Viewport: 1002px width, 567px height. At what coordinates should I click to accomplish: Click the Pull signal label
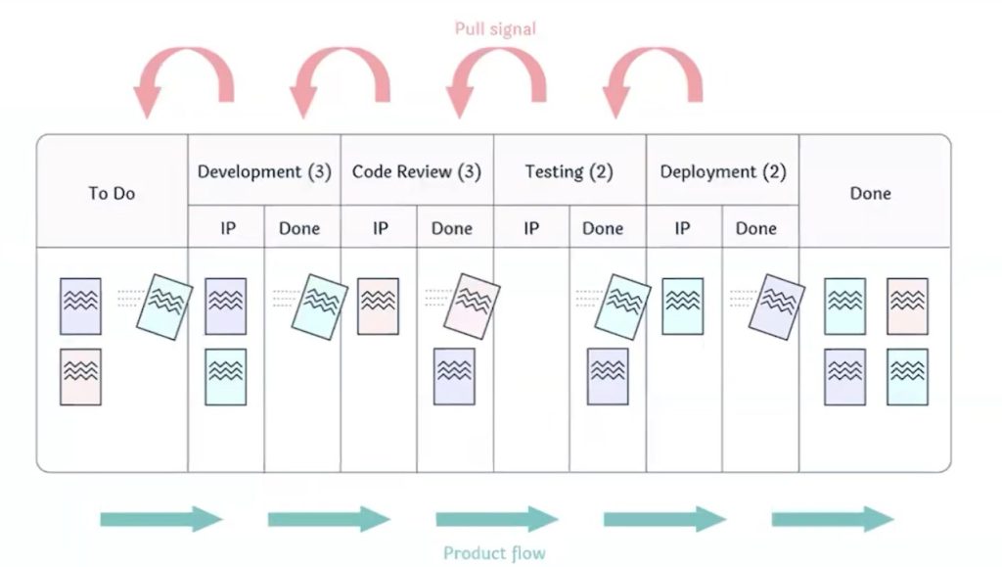click(x=495, y=29)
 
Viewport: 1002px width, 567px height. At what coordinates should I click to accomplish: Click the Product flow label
click(x=494, y=553)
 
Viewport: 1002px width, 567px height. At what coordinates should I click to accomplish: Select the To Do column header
click(x=112, y=193)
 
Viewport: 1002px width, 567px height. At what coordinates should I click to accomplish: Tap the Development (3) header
click(x=264, y=171)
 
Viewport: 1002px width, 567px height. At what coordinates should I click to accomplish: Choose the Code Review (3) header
click(x=417, y=171)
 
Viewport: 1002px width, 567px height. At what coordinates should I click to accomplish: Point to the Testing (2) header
click(x=569, y=171)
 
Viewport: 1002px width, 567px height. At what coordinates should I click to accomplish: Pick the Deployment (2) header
click(x=722, y=171)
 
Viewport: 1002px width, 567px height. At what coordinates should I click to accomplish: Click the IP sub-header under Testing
click(x=531, y=228)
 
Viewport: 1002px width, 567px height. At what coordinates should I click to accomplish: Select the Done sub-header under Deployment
click(x=756, y=228)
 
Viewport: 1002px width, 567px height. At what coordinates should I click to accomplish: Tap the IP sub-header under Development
click(x=226, y=228)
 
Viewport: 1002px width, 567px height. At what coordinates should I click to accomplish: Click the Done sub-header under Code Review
click(x=452, y=228)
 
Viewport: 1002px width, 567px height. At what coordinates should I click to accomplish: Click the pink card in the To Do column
click(x=80, y=377)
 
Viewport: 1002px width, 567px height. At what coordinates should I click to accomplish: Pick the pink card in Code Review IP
click(x=378, y=307)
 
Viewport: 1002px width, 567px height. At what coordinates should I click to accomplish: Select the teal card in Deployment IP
click(x=682, y=307)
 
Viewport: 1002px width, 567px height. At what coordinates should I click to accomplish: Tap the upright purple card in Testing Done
click(x=608, y=377)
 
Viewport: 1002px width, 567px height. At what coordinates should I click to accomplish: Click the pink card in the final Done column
click(x=907, y=307)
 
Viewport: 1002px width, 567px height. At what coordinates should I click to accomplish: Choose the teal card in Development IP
click(x=226, y=377)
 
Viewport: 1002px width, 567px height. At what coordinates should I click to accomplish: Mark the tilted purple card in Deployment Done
click(x=777, y=307)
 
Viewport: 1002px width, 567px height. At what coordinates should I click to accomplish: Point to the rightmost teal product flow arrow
click(x=833, y=519)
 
